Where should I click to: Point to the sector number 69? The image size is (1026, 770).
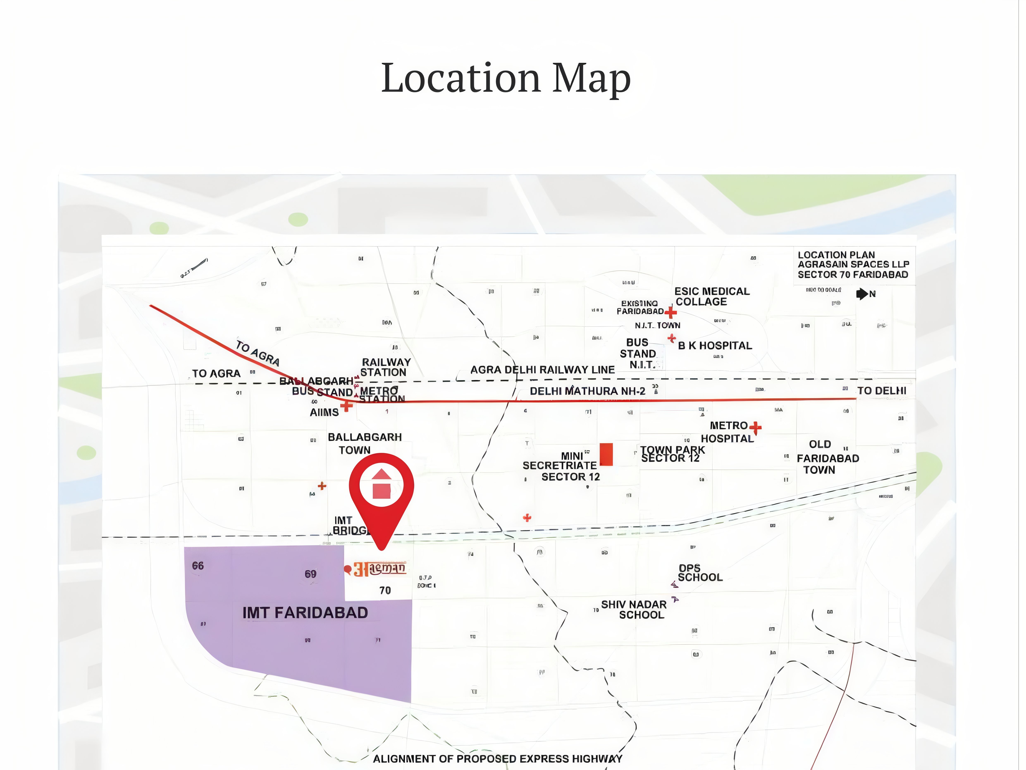[x=310, y=574]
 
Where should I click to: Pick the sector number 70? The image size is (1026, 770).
[x=385, y=590]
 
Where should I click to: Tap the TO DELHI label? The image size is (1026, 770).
[x=881, y=391]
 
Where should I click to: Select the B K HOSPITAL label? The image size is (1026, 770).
[x=715, y=346]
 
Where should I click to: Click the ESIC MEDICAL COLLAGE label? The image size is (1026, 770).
[x=711, y=297]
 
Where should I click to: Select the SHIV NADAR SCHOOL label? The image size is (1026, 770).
[x=634, y=609]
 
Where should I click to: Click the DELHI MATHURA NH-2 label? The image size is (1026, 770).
[x=587, y=391]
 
